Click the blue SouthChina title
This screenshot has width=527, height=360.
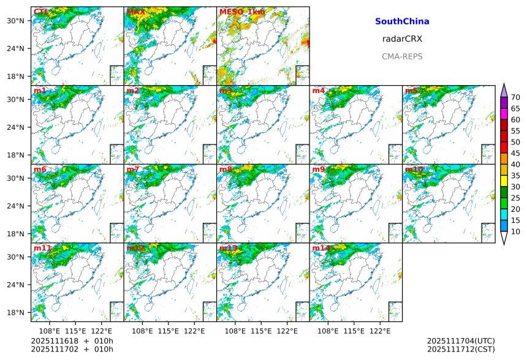coord(402,21)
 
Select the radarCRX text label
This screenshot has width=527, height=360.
coord(402,39)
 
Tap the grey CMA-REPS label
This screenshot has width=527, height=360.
coord(402,56)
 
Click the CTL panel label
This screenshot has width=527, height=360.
coord(41,12)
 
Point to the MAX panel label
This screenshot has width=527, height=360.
coord(135,12)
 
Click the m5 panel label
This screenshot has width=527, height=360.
coord(411,91)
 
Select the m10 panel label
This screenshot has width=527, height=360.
coord(414,169)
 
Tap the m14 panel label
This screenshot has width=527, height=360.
coord(321,248)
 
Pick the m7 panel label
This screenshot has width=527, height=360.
coord(133,169)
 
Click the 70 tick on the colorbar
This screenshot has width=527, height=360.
coord(515,97)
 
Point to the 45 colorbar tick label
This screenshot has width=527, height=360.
coord(515,153)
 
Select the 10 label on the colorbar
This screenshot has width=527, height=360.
coord(515,231)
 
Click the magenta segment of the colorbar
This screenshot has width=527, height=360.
coord(504,114)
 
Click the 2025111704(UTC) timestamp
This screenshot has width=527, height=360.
coord(461,341)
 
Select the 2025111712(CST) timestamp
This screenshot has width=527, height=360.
coord(461,349)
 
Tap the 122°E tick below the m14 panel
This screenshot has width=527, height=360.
coord(380,331)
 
